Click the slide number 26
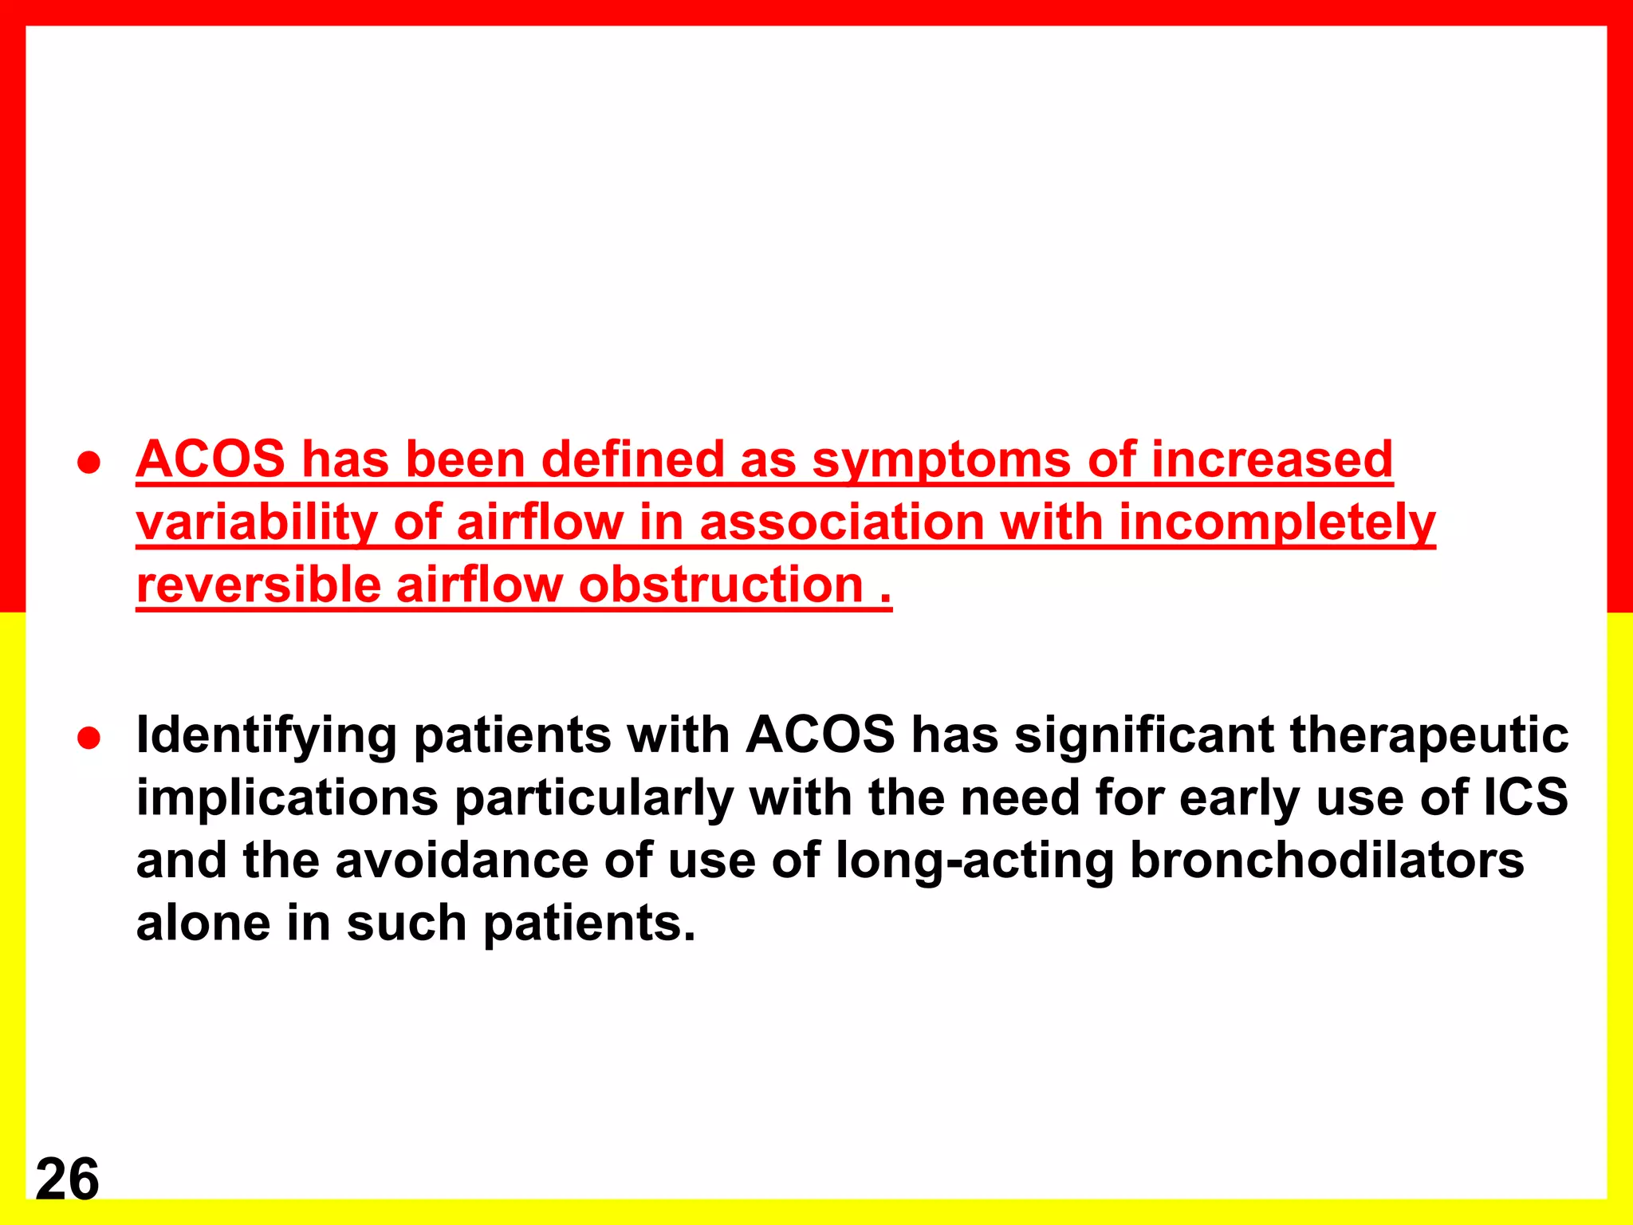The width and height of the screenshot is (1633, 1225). click(x=67, y=1179)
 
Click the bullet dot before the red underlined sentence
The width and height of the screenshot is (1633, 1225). click(x=89, y=463)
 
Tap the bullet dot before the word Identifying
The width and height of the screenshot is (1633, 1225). click(x=89, y=738)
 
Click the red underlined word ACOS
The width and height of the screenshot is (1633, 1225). click(x=211, y=459)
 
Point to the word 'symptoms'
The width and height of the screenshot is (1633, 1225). click(x=942, y=461)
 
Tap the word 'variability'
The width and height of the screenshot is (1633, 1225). click(x=256, y=523)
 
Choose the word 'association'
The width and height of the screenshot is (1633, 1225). click(x=841, y=522)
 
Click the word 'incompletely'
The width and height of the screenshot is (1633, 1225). click(x=1277, y=523)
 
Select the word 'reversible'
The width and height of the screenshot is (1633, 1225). click(x=258, y=585)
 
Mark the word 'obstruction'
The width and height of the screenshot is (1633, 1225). click(x=721, y=585)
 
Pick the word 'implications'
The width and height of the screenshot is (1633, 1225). click(x=287, y=798)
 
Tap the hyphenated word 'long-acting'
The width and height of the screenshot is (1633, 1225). click(x=974, y=861)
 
